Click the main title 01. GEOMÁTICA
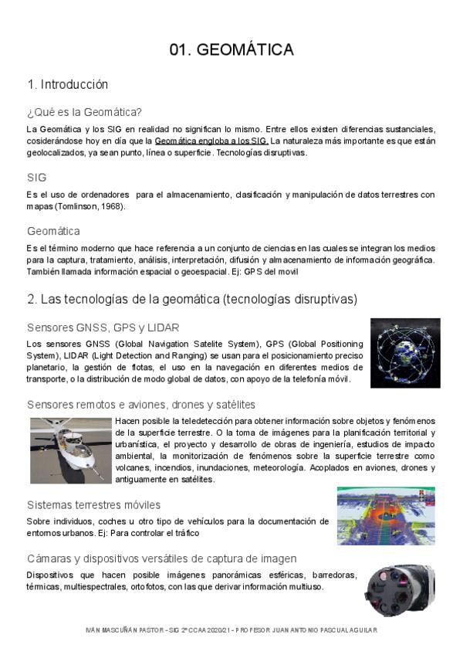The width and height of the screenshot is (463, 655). (231, 50)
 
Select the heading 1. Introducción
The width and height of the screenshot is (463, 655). (67, 84)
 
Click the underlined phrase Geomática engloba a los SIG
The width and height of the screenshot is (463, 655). (211, 141)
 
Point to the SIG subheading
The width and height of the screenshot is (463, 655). (36, 178)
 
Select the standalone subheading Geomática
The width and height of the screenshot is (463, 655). (53, 231)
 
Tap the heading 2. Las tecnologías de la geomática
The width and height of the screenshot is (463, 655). (191, 298)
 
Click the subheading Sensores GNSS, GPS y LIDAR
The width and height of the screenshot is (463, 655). (103, 327)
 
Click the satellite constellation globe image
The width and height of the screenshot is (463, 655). (404, 352)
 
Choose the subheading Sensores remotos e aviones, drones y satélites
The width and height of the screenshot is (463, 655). (140, 405)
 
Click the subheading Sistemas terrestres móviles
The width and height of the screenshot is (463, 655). (93, 504)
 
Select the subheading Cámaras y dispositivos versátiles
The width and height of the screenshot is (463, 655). (161, 558)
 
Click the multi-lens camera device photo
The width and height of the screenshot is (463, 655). (399, 590)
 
